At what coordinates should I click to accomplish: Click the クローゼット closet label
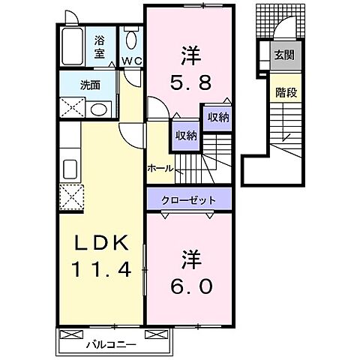[191, 200]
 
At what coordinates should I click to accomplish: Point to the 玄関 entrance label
[283, 55]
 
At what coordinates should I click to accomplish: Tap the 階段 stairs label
[283, 94]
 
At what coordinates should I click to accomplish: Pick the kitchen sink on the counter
[72, 166]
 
